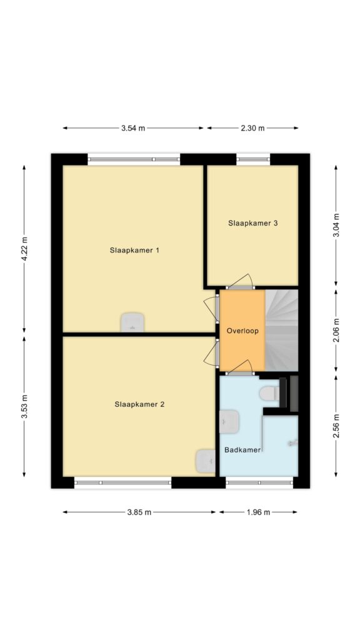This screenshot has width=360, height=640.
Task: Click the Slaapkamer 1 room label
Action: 134,250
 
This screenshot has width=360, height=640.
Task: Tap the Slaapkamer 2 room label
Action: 139,404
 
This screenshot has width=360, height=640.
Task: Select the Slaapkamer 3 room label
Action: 253,223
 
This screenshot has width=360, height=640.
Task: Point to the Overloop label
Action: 242,331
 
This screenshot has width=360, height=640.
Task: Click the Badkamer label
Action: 242,450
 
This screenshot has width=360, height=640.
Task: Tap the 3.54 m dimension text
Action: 133,128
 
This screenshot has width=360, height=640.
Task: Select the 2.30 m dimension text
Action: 252,128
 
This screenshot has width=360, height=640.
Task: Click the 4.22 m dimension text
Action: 24,249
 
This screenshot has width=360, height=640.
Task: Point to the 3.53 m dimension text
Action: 24,406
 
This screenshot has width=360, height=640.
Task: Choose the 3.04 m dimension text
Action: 336,225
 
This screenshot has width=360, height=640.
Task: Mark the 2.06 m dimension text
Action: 336,331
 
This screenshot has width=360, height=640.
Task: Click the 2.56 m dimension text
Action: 336,426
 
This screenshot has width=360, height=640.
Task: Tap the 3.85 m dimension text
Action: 139,512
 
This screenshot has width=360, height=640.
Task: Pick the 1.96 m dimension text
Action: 258,512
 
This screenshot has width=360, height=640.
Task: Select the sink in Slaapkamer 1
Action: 132,322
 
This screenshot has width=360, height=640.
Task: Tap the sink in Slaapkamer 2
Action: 205,461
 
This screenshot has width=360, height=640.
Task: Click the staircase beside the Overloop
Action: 282,330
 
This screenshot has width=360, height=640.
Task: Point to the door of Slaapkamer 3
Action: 241,282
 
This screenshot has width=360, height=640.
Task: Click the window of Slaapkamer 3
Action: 253,159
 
